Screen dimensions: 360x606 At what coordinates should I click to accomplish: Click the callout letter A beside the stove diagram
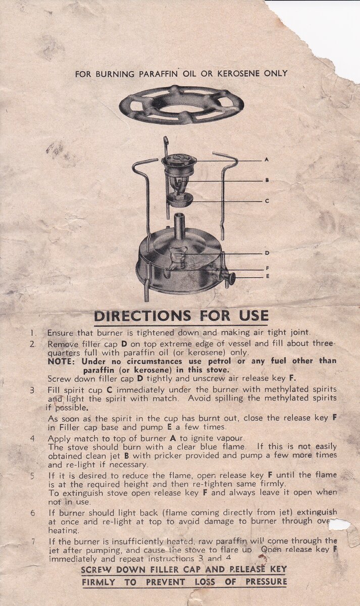267,160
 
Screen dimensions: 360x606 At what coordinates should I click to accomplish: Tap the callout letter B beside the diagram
267,180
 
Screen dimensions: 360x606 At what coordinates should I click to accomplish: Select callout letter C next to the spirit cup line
267,201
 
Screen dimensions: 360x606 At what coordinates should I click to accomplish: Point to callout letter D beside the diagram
267,253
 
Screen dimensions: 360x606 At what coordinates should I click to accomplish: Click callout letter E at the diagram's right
267,277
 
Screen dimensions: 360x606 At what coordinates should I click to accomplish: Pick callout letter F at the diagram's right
267,269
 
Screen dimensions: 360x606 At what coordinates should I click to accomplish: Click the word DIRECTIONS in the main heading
143,316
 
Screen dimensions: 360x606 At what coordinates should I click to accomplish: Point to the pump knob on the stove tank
230,278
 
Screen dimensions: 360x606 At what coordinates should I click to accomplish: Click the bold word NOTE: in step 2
61,362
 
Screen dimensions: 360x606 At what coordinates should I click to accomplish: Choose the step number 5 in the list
33,476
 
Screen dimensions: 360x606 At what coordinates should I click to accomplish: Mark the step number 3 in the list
32,391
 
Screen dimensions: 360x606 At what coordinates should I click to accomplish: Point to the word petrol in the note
219,361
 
